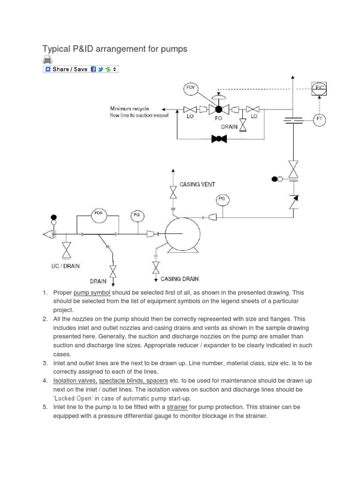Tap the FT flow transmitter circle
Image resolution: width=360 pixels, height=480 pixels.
(320, 120)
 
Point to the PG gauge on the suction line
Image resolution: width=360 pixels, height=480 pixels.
(137, 215)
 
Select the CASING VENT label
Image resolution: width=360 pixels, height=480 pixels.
(197, 185)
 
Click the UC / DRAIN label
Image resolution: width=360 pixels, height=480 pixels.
(66, 266)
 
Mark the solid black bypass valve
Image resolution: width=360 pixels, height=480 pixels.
(219, 139)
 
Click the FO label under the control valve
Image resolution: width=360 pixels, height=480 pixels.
(218, 119)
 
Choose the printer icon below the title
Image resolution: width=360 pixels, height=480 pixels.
(47, 60)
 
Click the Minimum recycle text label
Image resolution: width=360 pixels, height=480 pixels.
(129, 109)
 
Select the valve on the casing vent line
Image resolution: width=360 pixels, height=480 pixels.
(173, 193)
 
